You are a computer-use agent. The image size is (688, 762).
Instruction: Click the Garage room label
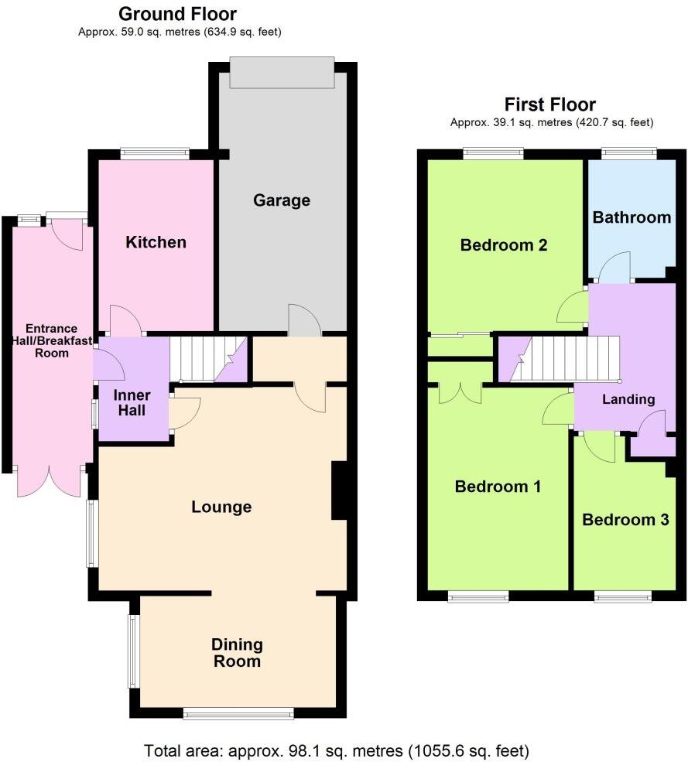pos(282,200)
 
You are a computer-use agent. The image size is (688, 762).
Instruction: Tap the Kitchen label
pos(156,242)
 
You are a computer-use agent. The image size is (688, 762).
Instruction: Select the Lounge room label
pos(222,507)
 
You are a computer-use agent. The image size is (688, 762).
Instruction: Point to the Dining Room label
pos(238,653)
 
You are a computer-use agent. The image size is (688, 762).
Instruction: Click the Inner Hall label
pos(132,403)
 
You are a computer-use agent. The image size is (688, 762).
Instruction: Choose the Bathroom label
pos(632,217)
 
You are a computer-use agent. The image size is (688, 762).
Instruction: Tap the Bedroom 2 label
pos(504,245)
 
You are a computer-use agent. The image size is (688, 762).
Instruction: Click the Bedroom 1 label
pos(498,487)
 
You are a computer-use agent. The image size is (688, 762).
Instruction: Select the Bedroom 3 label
pos(625,520)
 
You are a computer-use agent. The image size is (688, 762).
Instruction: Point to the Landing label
pos(628,399)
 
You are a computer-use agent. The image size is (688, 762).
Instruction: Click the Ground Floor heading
pos(178,14)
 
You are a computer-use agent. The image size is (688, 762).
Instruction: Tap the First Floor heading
pos(550,104)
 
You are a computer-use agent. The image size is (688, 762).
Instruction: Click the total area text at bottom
pos(337,750)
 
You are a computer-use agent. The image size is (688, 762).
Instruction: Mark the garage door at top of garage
pos(282,73)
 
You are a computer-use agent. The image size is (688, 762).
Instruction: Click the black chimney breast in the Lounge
pos(339,491)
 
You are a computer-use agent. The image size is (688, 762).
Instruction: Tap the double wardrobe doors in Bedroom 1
pos(460,393)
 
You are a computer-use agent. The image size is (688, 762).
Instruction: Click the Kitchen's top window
pos(155,154)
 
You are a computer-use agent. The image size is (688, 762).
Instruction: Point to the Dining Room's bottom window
pos(238,713)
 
